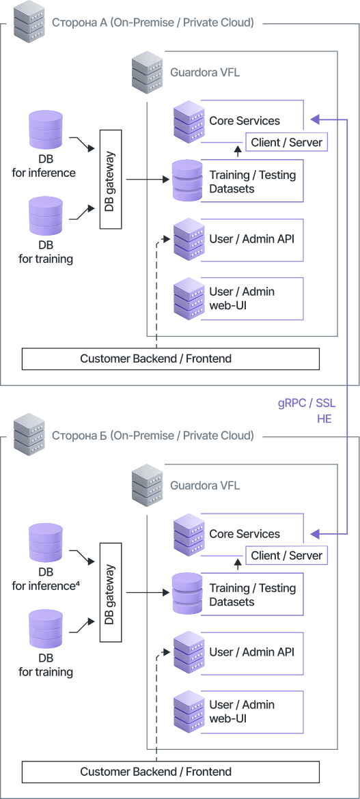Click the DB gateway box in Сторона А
pos(111,179)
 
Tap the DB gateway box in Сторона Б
pos(111,592)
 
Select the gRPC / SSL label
pos(307,404)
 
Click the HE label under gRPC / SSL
pos(324,419)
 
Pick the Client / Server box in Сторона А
pos(287,142)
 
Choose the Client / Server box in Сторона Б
pos(287,555)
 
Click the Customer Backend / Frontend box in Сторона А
pos(170,359)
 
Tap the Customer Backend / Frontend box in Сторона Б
pos(170,772)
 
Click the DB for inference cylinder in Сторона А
pos(46,130)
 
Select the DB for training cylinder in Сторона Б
pos(46,629)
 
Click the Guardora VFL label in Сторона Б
pos(205,485)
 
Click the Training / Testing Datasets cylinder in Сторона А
pos(187,180)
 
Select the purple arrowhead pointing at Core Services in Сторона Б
pos(315,534)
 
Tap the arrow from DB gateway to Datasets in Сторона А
pos(148,180)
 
